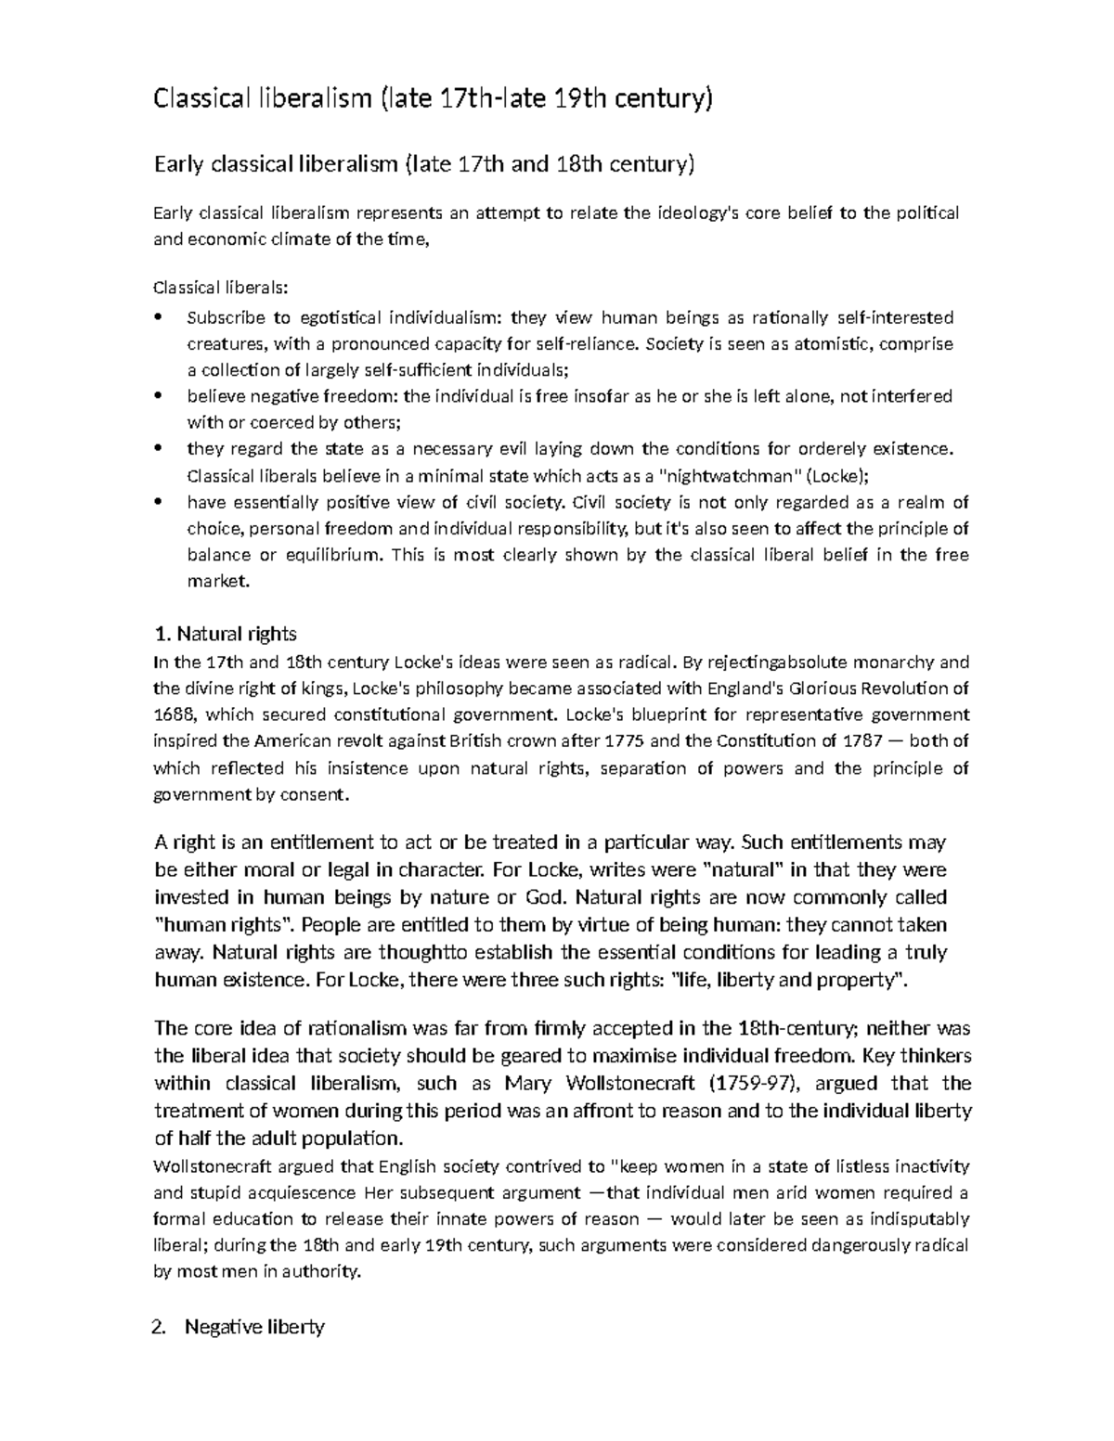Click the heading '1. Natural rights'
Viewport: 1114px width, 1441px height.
click(x=225, y=635)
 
